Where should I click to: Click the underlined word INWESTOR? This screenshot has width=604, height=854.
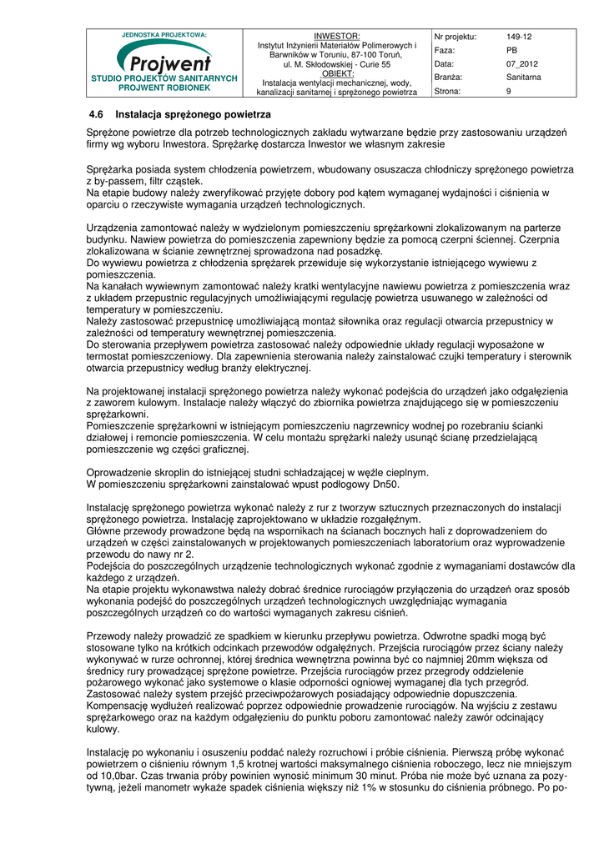336,37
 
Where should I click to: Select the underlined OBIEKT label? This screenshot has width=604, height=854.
336,73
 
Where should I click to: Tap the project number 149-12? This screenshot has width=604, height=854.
519,37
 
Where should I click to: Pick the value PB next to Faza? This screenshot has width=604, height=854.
511,50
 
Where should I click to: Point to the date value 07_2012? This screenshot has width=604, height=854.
521,63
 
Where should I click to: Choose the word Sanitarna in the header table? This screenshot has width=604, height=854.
523,77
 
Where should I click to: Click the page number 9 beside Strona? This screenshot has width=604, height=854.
508,91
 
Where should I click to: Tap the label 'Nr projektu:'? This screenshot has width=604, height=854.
456,37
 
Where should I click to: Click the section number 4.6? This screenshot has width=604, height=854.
96,114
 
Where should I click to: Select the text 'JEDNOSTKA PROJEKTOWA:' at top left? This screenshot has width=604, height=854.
164,35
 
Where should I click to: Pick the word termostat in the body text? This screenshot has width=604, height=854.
112,355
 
